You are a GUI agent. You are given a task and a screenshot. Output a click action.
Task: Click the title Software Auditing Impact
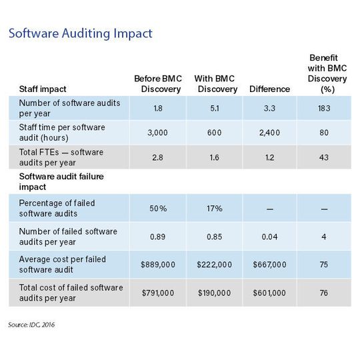(80, 33)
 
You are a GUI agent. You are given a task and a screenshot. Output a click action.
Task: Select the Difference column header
(269, 89)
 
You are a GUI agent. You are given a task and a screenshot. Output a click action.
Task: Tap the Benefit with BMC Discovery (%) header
(325, 73)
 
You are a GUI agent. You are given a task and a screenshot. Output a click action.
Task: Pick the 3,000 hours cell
(157, 132)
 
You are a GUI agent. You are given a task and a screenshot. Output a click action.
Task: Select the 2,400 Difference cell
(269, 132)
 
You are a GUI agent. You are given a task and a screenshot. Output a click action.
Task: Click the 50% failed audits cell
(157, 208)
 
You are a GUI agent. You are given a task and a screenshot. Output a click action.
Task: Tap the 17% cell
(213, 208)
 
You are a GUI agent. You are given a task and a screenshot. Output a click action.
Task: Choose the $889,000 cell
(157, 265)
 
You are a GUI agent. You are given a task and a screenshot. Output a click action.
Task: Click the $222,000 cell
(213, 265)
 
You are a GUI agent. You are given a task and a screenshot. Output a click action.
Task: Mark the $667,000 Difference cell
(269, 265)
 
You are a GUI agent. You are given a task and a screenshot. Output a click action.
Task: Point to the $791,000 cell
(157, 293)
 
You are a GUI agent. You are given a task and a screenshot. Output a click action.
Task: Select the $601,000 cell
(269, 293)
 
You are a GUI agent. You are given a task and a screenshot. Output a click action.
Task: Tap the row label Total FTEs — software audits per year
(64, 157)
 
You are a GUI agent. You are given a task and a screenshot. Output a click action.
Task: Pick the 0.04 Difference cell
(269, 236)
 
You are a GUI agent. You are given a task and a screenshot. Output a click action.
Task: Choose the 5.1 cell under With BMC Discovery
(213, 107)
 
